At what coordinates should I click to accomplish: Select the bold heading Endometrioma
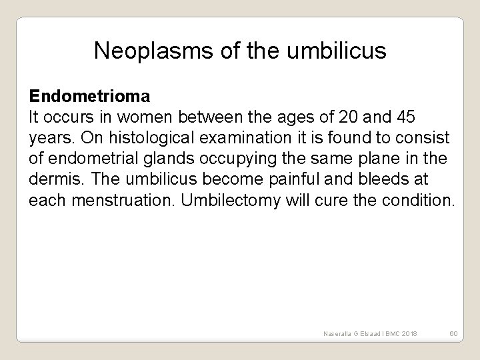click(89, 97)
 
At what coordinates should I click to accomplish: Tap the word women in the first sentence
click(138, 117)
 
